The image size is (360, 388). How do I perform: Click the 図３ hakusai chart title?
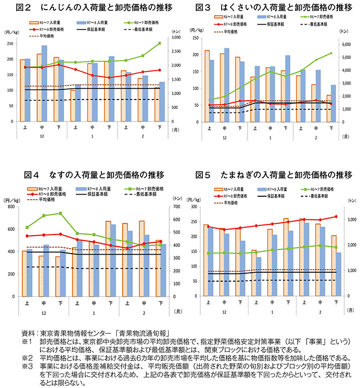point(272,7)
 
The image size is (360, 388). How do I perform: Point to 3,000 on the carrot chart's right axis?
point(175,37)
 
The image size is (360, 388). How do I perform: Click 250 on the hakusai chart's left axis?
point(196,38)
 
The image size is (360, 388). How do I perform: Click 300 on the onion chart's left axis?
point(196,207)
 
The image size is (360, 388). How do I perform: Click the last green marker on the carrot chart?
point(159,43)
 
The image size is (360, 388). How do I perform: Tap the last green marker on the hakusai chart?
point(331,53)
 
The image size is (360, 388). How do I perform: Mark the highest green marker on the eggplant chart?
point(60,213)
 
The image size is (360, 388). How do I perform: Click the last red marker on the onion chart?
point(336,216)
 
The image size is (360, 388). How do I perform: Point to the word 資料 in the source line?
point(28,333)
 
